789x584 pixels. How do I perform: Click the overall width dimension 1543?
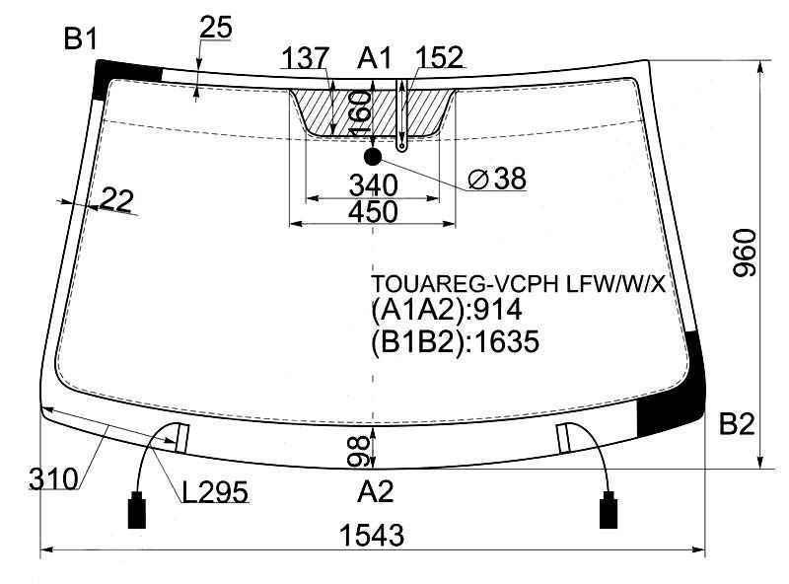[372, 535]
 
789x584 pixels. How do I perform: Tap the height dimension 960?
[745, 253]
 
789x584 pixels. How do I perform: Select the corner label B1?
[81, 38]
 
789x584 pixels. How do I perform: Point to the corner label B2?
[737, 424]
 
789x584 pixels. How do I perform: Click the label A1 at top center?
[375, 58]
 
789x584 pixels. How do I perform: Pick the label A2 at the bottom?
[375, 491]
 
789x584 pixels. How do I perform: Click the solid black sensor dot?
[373, 157]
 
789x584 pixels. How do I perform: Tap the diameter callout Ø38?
[497, 179]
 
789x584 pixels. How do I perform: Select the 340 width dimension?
[373, 184]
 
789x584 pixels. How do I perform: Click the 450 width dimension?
[373, 211]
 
